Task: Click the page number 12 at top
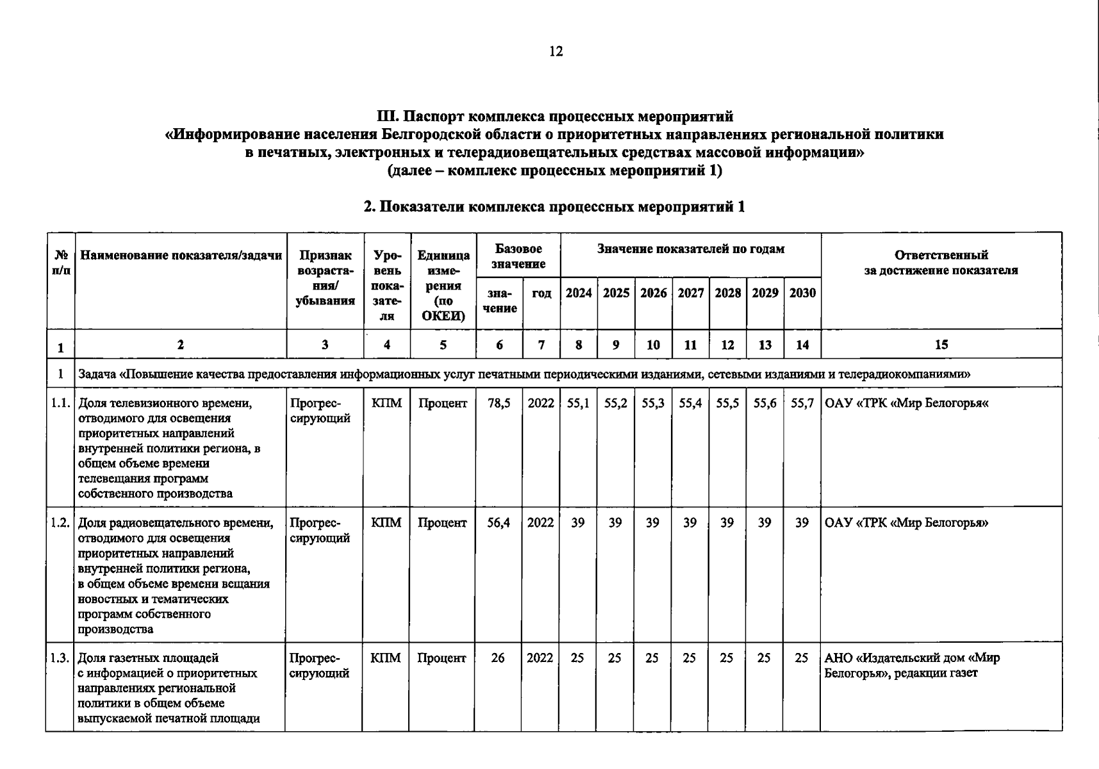(556, 52)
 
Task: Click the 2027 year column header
(690, 294)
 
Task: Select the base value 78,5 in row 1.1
(499, 404)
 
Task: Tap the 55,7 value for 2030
(802, 404)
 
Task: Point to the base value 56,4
(499, 523)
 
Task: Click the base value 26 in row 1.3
(498, 658)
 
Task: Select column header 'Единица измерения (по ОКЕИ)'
(443, 285)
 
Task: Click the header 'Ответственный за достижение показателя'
(941, 263)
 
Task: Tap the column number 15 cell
(941, 345)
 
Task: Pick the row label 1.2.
(60, 523)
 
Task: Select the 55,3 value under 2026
(653, 404)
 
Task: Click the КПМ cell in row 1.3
(386, 658)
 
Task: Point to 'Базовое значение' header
(518, 256)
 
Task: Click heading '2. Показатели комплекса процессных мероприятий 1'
(554, 207)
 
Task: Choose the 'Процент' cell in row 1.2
(442, 523)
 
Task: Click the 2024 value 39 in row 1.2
(578, 523)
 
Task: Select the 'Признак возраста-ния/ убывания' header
(325, 278)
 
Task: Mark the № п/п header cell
(61, 263)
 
